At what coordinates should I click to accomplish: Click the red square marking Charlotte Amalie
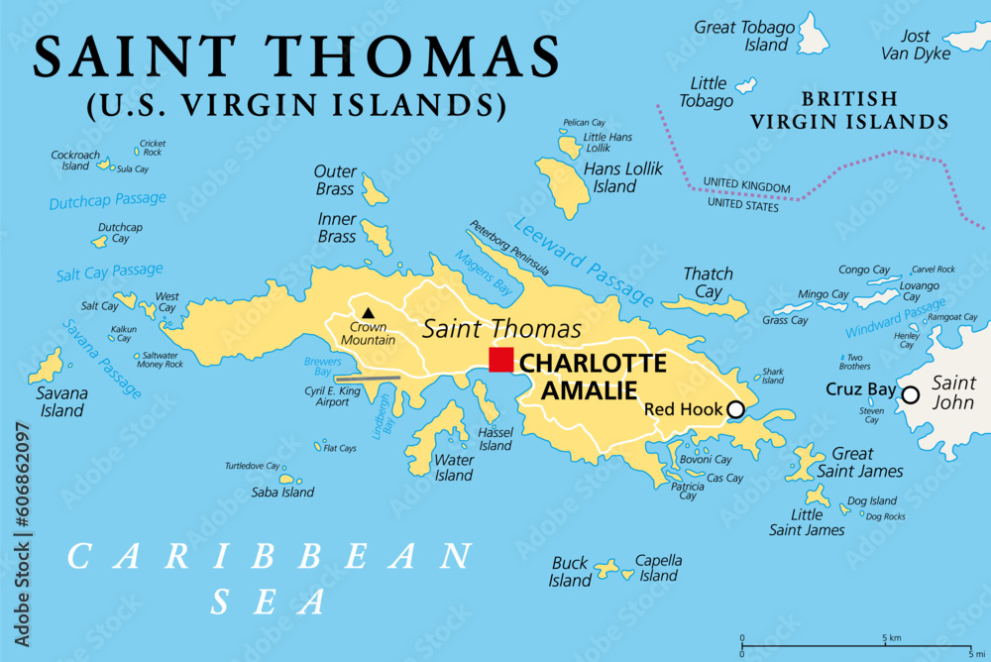(x=501, y=360)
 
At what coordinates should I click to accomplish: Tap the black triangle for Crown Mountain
(x=368, y=313)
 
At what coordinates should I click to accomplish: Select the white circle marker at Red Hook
(x=735, y=409)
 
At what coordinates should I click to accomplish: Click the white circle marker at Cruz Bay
(x=910, y=395)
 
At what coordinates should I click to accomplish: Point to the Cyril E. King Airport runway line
(x=368, y=378)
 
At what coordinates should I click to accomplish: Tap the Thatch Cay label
(x=709, y=282)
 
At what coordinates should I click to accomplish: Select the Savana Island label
(x=62, y=401)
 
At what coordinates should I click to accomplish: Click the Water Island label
(x=453, y=467)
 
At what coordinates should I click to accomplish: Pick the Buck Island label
(x=570, y=572)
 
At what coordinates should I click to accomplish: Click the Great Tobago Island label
(x=743, y=36)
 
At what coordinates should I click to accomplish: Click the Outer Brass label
(x=335, y=180)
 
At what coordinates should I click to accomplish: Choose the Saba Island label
(x=283, y=492)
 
